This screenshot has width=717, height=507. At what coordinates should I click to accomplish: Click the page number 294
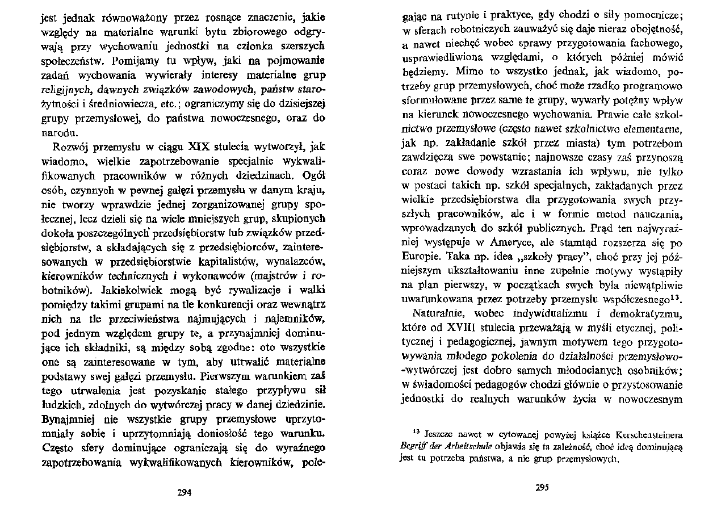[184, 493]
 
